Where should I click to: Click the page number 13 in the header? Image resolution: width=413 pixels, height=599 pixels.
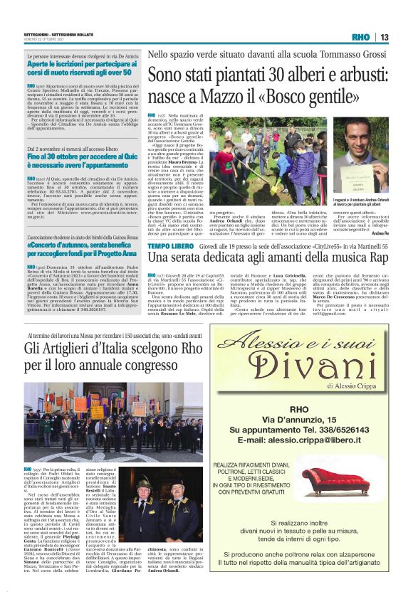[x=384, y=37]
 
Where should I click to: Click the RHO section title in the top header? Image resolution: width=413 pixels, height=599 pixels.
[x=360, y=37]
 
